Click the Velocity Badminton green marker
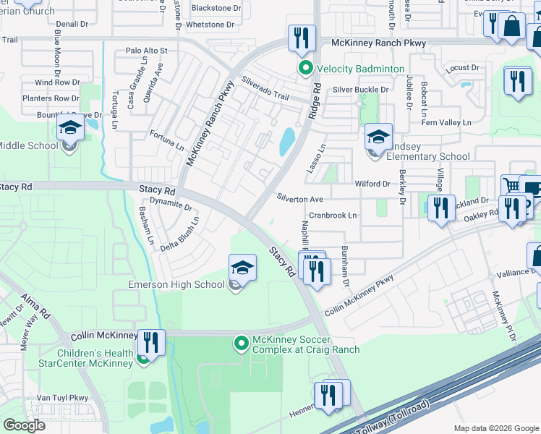click(x=305, y=69)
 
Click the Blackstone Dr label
click(x=216, y=9)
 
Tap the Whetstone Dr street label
click(x=210, y=24)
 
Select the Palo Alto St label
click(x=146, y=51)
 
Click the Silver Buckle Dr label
click(x=360, y=90)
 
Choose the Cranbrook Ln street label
click(x=333, y=216)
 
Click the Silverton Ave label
click(x=299, y=198)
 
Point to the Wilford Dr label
click(x=372, y=184)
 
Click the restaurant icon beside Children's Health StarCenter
click(x=151, y=341)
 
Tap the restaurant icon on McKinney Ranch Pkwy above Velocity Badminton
click(x=302, y=38)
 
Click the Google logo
click(x=25, y=425)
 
